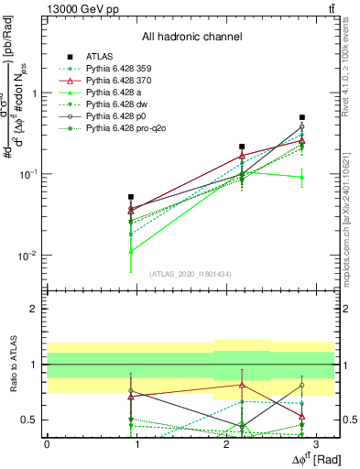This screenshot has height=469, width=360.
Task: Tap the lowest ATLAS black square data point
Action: point(131,197)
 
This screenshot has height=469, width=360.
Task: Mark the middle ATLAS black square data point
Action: point(242,147)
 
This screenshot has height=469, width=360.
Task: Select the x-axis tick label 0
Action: point(47,443)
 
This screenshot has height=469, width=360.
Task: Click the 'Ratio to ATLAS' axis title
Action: point(12,363)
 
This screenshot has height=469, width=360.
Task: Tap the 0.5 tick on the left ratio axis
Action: point(33,420)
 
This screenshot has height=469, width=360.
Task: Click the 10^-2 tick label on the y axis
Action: point(29,256)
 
